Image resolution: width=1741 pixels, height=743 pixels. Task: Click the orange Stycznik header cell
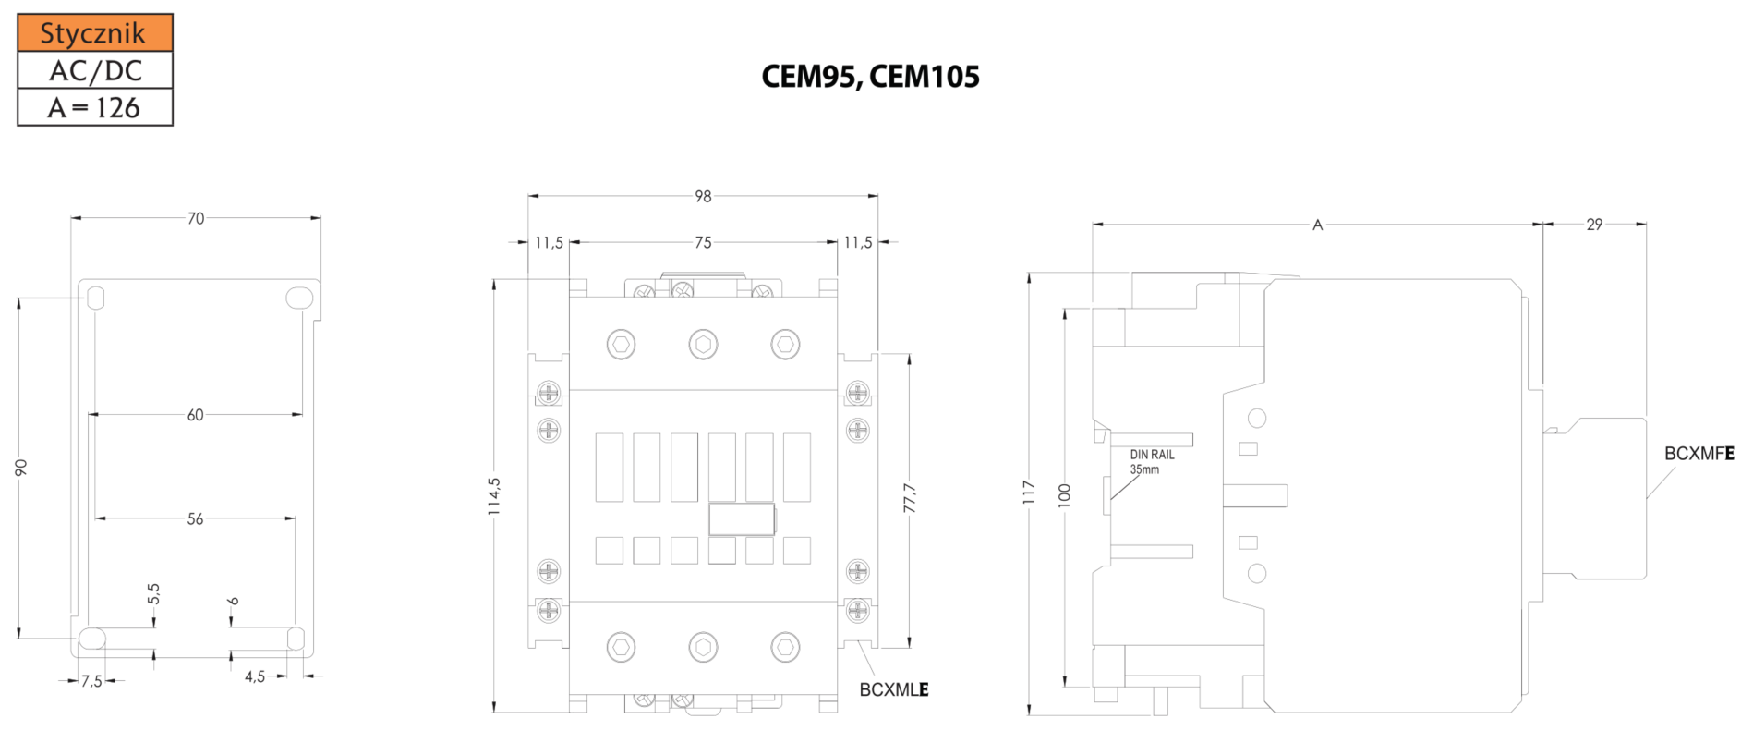[95, 33]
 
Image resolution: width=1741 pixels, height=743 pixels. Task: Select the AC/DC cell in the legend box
[95, 70]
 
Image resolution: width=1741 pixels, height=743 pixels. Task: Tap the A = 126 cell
[95, 107]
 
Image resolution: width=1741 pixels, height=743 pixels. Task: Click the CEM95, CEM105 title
[870, 77]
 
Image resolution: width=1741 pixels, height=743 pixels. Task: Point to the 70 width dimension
[196, 219]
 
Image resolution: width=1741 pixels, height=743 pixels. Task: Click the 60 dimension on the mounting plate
[196, 415]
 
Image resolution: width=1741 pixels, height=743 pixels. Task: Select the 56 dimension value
[196, 519]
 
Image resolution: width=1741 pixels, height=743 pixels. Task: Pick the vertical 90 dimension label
[21, 468]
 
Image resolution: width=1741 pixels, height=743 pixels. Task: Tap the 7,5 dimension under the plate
[91, 681]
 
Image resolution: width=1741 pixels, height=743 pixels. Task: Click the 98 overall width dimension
[703, 197]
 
